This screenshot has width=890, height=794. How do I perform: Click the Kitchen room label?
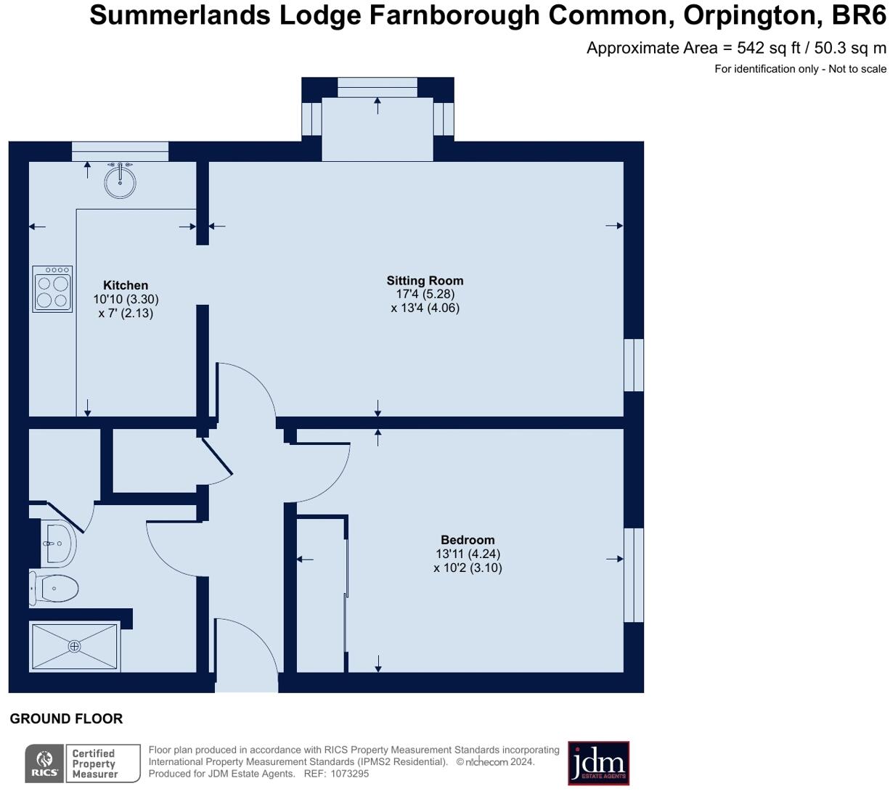tap(126, 285)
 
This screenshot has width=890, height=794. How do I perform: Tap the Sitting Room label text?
tap(425, 281)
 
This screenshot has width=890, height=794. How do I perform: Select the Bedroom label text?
tap(468, 540)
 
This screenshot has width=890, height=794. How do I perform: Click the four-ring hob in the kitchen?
tap(52, 288)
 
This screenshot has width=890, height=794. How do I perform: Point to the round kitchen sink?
tap(121, 181)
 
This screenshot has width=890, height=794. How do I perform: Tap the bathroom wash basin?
tap(58, 544)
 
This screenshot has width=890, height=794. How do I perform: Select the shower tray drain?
tap(75, 646)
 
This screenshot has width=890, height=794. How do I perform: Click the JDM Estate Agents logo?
tap(598, 763)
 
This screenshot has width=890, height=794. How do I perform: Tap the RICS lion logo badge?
tap(45, 764)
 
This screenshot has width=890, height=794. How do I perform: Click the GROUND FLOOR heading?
tap(66, 719)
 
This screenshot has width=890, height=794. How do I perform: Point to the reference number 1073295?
tap(350, 774)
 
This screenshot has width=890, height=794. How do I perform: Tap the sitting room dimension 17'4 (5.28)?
tap(425, 294)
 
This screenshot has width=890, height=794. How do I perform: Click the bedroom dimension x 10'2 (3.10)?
tap(468, 568)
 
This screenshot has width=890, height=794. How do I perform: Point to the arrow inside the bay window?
tap(377, 105)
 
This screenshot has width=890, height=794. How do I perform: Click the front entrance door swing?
tap(246, 653)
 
